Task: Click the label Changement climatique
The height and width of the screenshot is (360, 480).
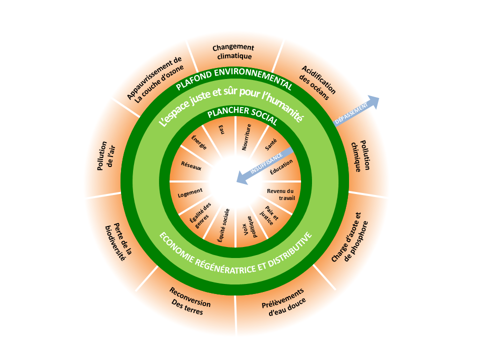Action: point(233,51)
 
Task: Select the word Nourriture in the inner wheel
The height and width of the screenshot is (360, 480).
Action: point(246,137)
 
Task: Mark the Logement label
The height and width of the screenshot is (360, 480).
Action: point(190,191)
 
